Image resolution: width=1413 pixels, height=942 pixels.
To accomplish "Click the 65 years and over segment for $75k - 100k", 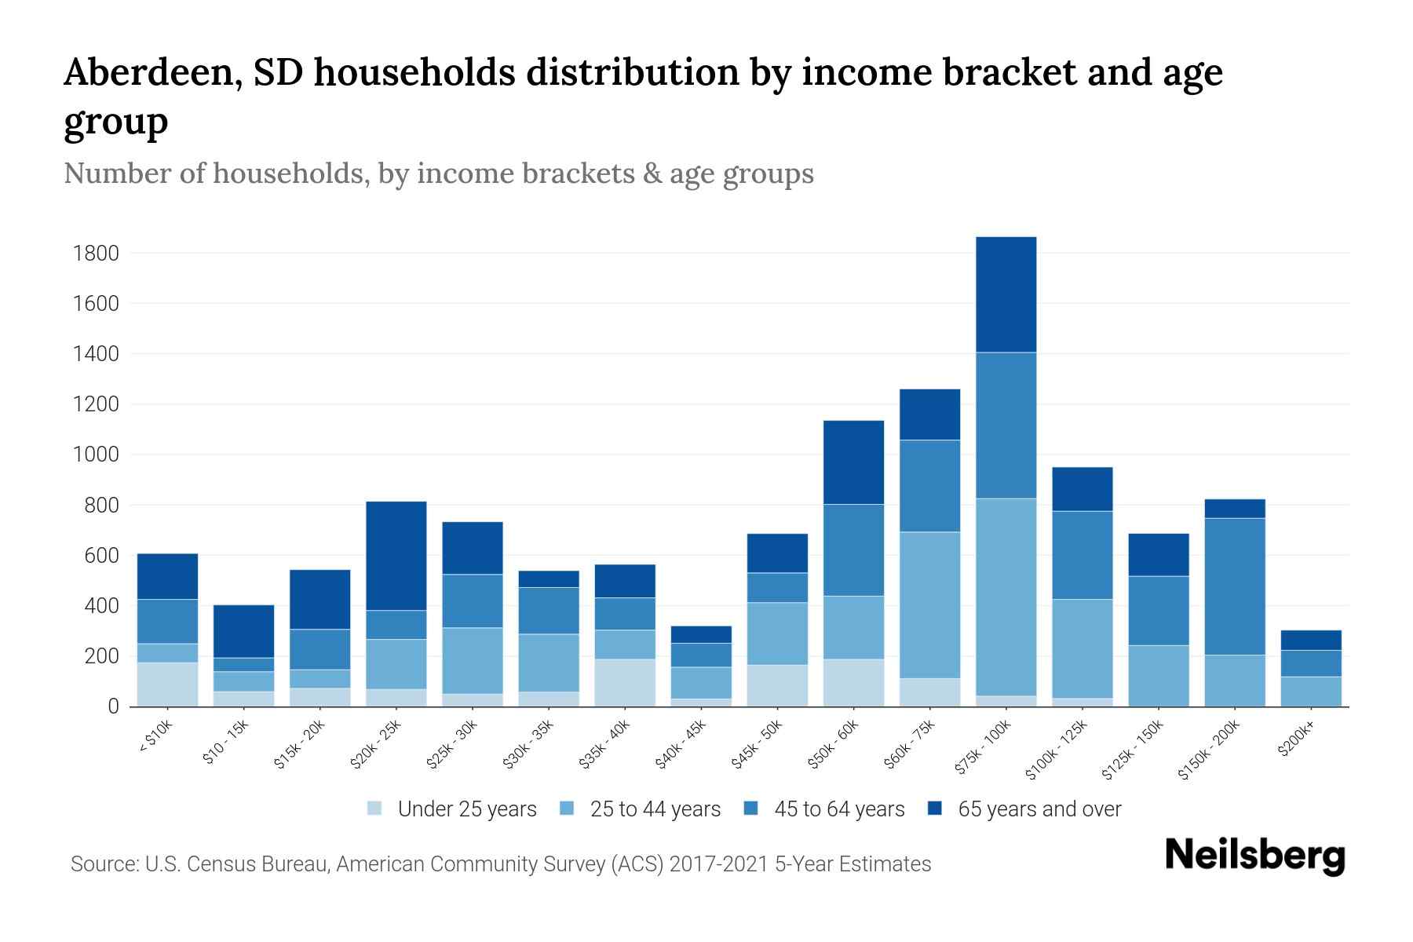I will [x=1006, y=294].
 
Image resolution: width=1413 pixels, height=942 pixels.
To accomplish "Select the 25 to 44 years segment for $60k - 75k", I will [x=929, y=604].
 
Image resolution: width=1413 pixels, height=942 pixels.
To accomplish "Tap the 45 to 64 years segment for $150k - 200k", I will [x=1235, y=586].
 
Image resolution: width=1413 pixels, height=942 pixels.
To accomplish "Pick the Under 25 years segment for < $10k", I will [x=167, y=685].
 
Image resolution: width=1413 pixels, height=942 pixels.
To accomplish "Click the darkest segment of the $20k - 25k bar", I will [x=396, y=556].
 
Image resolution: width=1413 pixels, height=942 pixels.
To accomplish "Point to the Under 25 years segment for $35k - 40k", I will [x=625, y=682].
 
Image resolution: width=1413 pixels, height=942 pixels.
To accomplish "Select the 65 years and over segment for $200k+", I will [x=1311, y=640].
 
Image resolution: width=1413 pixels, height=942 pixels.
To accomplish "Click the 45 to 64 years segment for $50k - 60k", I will [x=853, y=549].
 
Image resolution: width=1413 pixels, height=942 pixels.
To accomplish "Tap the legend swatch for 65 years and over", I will [x=935, y=809].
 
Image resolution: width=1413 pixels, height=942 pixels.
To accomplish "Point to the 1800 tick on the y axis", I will [x=96, y=254].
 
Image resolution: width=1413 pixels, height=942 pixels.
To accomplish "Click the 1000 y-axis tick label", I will [x=96, y=455].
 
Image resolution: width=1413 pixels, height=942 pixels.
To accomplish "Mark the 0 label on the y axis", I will [x=113, y=706].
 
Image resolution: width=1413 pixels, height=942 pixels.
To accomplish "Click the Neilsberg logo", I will [x=1254, y=856].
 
